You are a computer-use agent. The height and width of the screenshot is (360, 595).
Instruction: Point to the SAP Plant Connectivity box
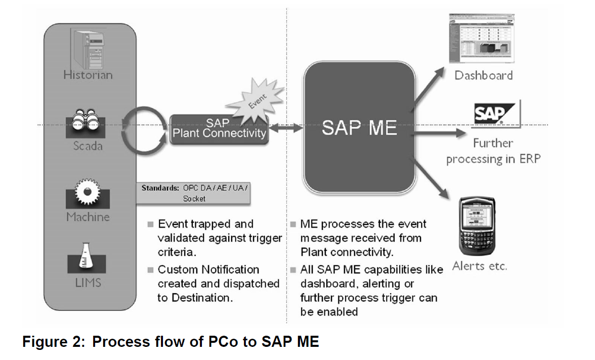click(219, 129)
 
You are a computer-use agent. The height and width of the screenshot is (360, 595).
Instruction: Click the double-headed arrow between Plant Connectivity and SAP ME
click(285, 130)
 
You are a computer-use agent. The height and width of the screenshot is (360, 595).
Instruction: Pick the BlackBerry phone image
click(476, 226)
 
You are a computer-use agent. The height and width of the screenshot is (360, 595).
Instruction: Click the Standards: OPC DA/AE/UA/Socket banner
click(194, 193)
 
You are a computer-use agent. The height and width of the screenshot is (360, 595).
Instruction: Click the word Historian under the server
click(88, 75)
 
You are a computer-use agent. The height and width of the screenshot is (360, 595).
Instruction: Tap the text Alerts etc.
click(479, 266)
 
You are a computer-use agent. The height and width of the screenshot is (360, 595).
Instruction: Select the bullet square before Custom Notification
click(150, 269)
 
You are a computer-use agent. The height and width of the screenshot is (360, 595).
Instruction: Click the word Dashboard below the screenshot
click(483, 75)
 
